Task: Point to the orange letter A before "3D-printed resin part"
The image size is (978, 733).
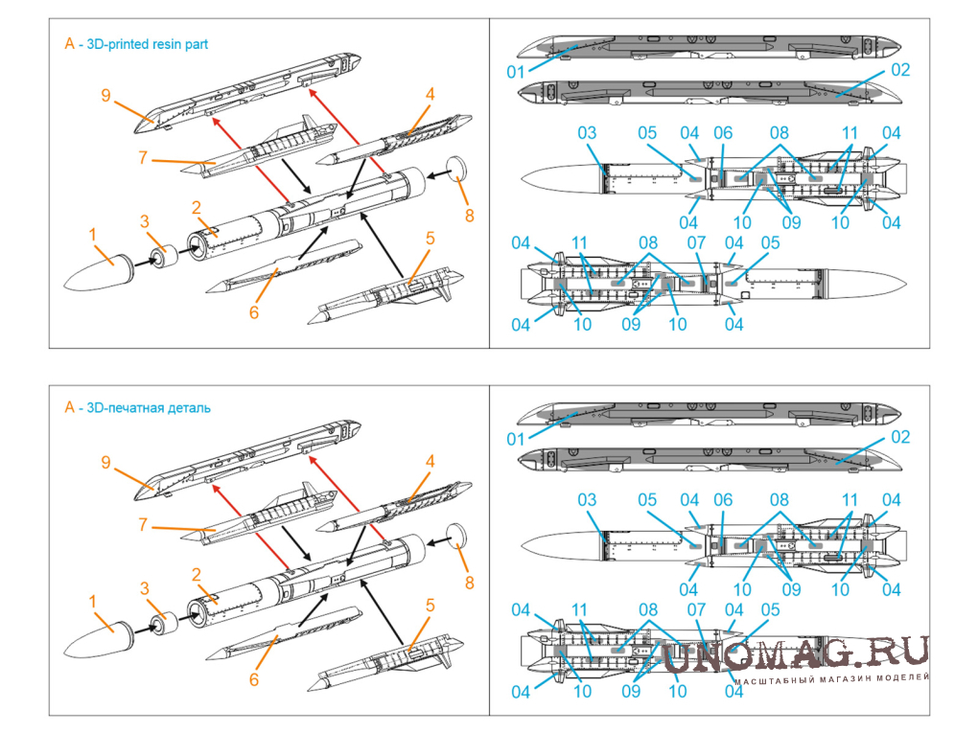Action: pos(69,44)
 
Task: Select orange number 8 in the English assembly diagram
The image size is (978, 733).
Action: pos(469,215)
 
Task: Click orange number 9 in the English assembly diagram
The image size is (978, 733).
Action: pos(106,95)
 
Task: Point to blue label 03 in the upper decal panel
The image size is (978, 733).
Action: pos(587,133)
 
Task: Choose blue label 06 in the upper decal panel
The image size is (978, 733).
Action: pos(722,133)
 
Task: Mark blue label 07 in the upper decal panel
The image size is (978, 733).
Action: pos(696,243)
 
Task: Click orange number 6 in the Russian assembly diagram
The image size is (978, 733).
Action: pos(254,679)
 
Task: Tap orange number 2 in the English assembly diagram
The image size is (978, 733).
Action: pos(196,207)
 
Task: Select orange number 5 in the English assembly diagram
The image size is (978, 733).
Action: pos(431,239)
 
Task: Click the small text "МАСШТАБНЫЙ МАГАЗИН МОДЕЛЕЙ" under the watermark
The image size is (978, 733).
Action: pos(832,677)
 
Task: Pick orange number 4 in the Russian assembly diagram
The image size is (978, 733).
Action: pos(431,461)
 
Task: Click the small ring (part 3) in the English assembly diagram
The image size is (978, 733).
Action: pos(163,258)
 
